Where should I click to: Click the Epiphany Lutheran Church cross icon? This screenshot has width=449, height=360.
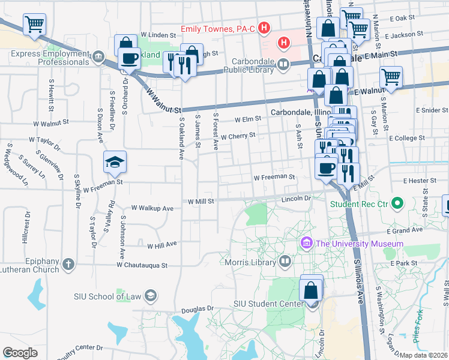click(69, 263)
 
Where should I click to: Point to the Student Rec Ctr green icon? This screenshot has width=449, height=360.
click(397, 204)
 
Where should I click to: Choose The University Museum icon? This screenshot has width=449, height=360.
click(306, 243)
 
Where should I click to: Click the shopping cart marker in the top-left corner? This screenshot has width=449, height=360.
click(35, 25)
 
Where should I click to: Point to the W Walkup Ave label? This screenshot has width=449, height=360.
click(153, 208)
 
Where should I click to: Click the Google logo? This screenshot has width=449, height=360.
click(20, 352)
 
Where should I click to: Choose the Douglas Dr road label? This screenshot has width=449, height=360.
click(197, 309)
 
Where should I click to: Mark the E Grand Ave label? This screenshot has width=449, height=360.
click(406, 230)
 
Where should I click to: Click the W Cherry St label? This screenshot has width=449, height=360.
click(238, 136)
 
